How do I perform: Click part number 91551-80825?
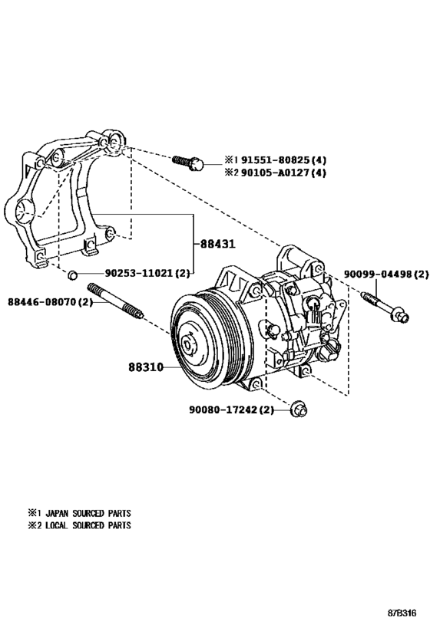click(x=275, y=160)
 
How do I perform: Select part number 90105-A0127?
click(x=275, y=173)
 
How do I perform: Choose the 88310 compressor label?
click(x=146, y=367)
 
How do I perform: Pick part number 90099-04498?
click(x=378, y=274)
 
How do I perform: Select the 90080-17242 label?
click(x=223, y=409)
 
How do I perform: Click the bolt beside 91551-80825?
click(x=188, y=163)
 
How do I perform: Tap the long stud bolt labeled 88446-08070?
click(x=115, y=301)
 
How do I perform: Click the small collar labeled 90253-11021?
click(x=72, y=275)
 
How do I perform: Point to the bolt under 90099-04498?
click(x=385, y=308)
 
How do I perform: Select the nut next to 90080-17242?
click(x=299, y=408)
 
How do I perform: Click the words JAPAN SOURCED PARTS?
click(x=88, y=513)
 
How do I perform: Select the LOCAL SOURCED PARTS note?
click(x=88, y=524)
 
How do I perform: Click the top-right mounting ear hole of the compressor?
click(x=318, y=268)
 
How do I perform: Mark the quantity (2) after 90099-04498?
click(x=421, y=274)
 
